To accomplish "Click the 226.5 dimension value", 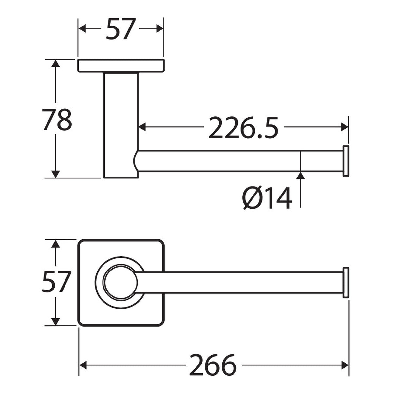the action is (243, 127).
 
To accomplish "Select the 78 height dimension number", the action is (57, 120).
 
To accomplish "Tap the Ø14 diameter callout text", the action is (267, 198).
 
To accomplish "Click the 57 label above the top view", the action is (121, 28).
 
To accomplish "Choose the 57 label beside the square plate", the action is (56, 282).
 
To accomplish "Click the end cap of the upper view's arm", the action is (346, 161).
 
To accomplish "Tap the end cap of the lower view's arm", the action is (346, 282).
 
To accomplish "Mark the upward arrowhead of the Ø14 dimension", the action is (300, 176).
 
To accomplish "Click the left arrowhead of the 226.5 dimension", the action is (142, 127).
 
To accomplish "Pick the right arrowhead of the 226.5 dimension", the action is (345, 127).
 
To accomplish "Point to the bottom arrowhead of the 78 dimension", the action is (56, 174).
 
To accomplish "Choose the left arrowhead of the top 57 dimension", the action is (82, 28).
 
